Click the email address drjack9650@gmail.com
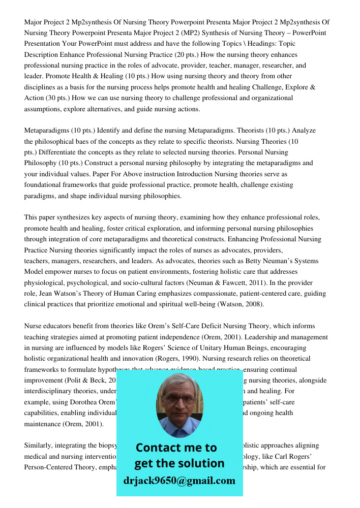point(179,481)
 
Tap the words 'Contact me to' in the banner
point(176,448)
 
